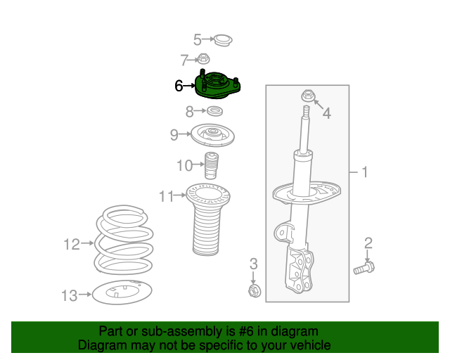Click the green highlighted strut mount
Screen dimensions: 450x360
pos(217,86)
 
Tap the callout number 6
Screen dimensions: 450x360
pos(179,86)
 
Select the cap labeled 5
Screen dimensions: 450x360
pos(224,41)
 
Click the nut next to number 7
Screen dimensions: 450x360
pos(203,59)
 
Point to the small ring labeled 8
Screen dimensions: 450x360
pos(214,111)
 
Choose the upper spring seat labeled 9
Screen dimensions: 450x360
pos(212,136)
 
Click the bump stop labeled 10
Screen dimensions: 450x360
pos(211,166)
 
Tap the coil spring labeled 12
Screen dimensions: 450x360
pos(124,240)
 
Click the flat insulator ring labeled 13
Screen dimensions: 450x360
pos(122,292)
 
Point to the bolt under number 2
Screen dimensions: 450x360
pos(364,268)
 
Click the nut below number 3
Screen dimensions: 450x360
pos(255,291)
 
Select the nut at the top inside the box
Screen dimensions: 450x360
pos(308,96)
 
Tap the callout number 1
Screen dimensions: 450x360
pos(364,172)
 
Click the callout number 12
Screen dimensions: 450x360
pos(72,245)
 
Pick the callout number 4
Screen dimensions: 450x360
pos(326,113)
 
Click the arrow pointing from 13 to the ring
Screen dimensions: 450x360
pos(85,295)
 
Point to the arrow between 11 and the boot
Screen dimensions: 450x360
pos(180,195)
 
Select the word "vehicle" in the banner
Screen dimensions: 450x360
pos(313,345)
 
